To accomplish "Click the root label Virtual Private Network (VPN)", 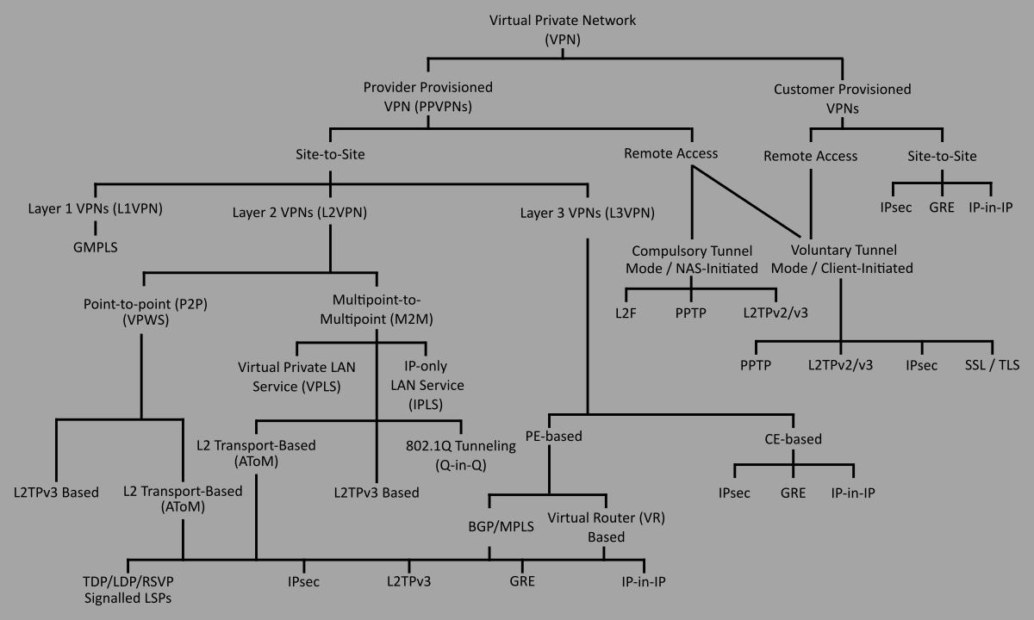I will pos(564,29).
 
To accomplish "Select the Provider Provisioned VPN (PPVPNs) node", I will pos(427,97).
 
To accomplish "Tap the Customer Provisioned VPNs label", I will pos(842,99).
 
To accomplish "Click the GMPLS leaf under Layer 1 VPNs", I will pos(95,245).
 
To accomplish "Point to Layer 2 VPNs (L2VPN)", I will pos(301,212).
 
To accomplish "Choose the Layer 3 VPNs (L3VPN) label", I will pos(587,212).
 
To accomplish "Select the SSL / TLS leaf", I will pos(991,364).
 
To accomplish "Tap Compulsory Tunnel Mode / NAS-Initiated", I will pos(692,259).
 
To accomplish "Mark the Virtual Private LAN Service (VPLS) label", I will pos(296,376).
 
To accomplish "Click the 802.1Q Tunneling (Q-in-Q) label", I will pos(460,455).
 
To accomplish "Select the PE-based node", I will pos(554,437).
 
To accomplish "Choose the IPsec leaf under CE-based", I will pos(734,493).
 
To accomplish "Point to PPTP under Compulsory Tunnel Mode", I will pos(691,312).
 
